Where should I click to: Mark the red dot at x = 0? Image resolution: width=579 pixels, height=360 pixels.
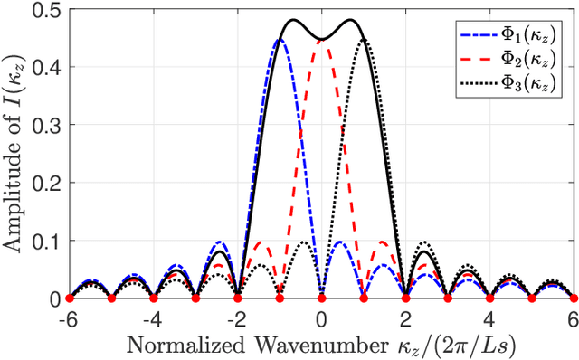322,298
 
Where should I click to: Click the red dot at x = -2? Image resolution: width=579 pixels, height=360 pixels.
238,298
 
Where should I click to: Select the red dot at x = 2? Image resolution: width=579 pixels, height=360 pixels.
406,298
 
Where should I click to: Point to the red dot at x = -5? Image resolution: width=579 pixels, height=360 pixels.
111,298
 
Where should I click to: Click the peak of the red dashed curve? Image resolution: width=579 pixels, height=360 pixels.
322,40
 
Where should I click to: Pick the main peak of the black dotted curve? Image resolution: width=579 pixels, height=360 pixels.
364,40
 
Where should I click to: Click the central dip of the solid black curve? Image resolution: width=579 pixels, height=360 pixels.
322,40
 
